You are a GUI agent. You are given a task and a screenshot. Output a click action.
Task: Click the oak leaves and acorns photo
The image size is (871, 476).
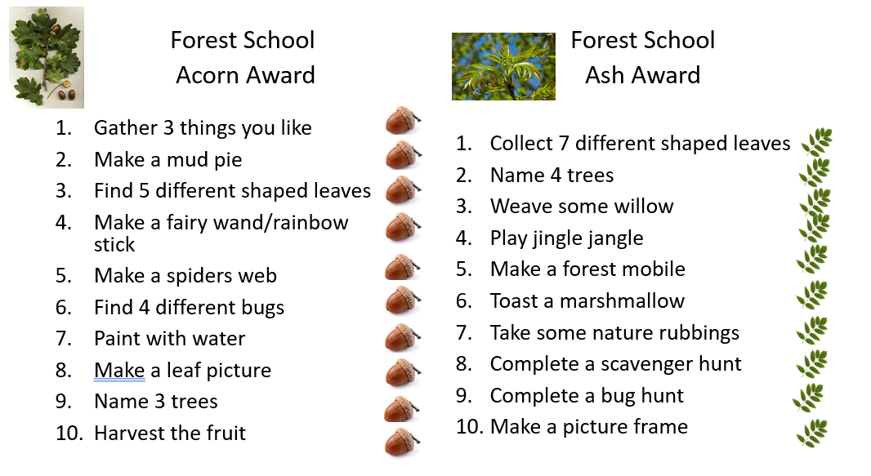(47, 57)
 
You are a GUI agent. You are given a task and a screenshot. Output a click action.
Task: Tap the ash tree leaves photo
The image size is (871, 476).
(503, 67)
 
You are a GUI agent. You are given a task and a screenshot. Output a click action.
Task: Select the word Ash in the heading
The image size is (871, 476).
(605, 75)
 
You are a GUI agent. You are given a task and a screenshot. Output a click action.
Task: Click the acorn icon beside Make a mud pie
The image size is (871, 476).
(404, 155)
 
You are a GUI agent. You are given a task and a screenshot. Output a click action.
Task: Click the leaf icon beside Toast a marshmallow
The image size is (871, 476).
(812, 295)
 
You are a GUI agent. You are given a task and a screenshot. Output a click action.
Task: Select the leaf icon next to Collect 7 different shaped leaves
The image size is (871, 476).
(816, 143)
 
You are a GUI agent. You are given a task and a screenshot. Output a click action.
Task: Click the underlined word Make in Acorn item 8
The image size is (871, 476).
(119, 370)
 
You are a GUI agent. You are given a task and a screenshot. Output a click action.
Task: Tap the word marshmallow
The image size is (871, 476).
(622, 300)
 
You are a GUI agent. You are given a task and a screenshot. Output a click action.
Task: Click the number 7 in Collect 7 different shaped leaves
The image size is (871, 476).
(564, 143)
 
